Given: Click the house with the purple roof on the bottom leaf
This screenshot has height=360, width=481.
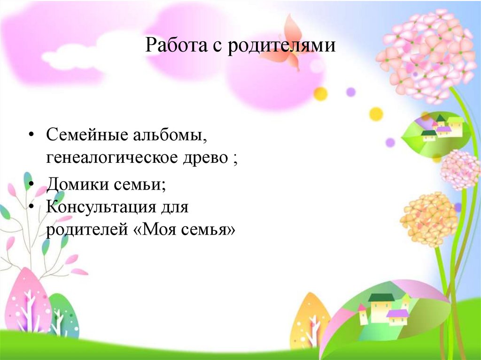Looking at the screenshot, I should click(397, 317).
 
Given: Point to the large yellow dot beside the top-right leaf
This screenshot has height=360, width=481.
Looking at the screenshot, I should click(376, 114).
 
